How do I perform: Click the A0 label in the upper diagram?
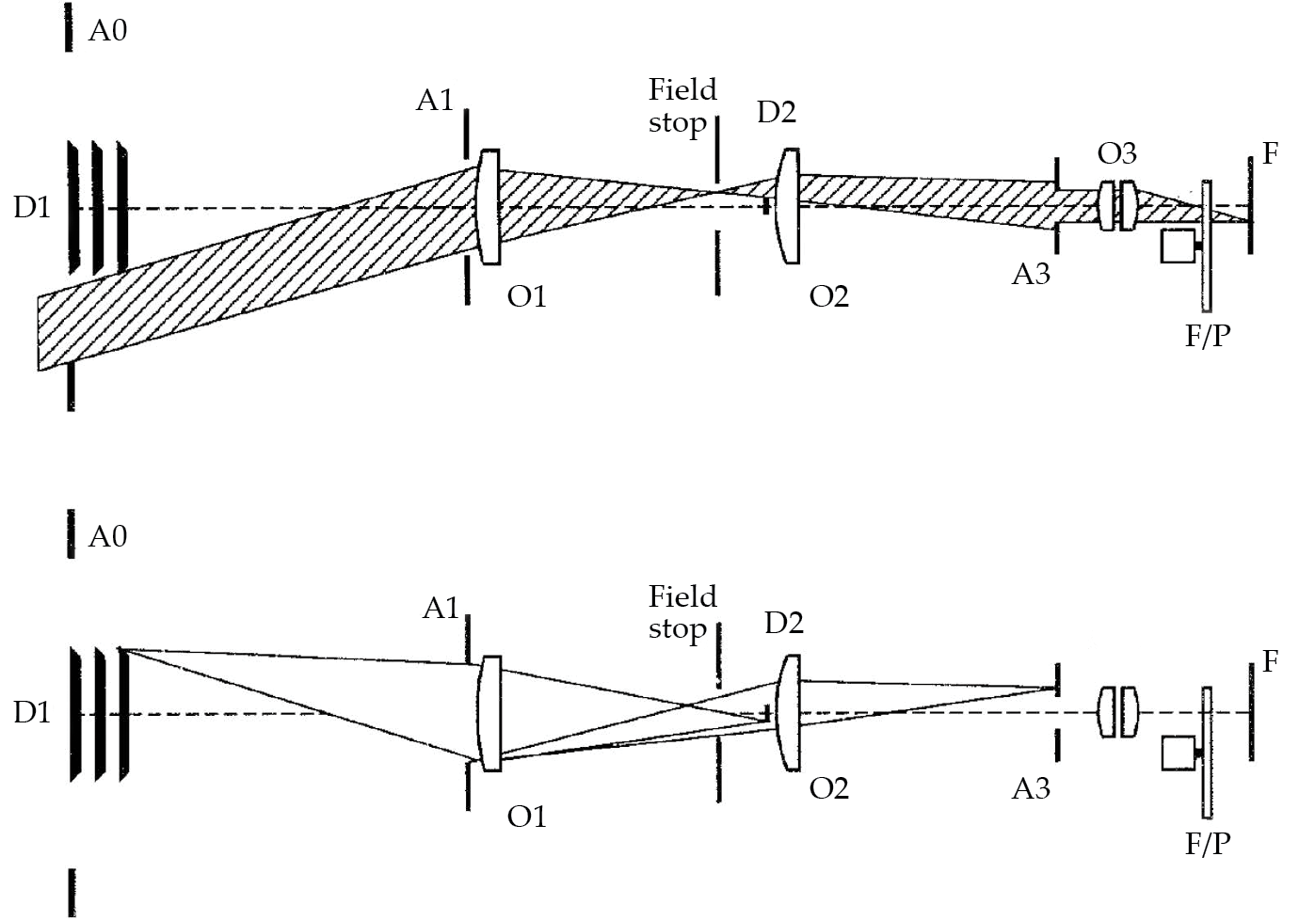click(x=107, y=31)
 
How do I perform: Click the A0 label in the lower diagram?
click(x=107, y=536)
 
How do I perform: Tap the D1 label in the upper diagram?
click(x=32, y=207)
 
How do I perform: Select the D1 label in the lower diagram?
click(x=32, y=712)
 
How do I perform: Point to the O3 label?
click(x=1116, y=152)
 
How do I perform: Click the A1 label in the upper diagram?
click(x=435, y=100)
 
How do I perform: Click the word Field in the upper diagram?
click(x=682, y=90)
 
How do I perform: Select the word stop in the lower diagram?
click(x=677, y=628)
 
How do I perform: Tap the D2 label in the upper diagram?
click(x=777, y=113)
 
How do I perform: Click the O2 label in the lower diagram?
click(x=829, y=787)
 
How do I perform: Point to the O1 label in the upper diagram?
click(x=527, y=296)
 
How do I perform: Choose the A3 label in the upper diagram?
click(x=1031, y=275)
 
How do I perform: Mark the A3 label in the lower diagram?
click(x=1031, y=788)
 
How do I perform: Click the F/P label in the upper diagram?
click(x=1208, y=336)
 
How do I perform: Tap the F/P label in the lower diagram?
click(x=1208, y=844)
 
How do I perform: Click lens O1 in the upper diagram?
click(x=489, y=207)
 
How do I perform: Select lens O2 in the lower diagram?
click(x=790, y=713)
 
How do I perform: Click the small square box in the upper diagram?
click(x=1178, y=246)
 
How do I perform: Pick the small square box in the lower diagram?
click(x=1178, y=753)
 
